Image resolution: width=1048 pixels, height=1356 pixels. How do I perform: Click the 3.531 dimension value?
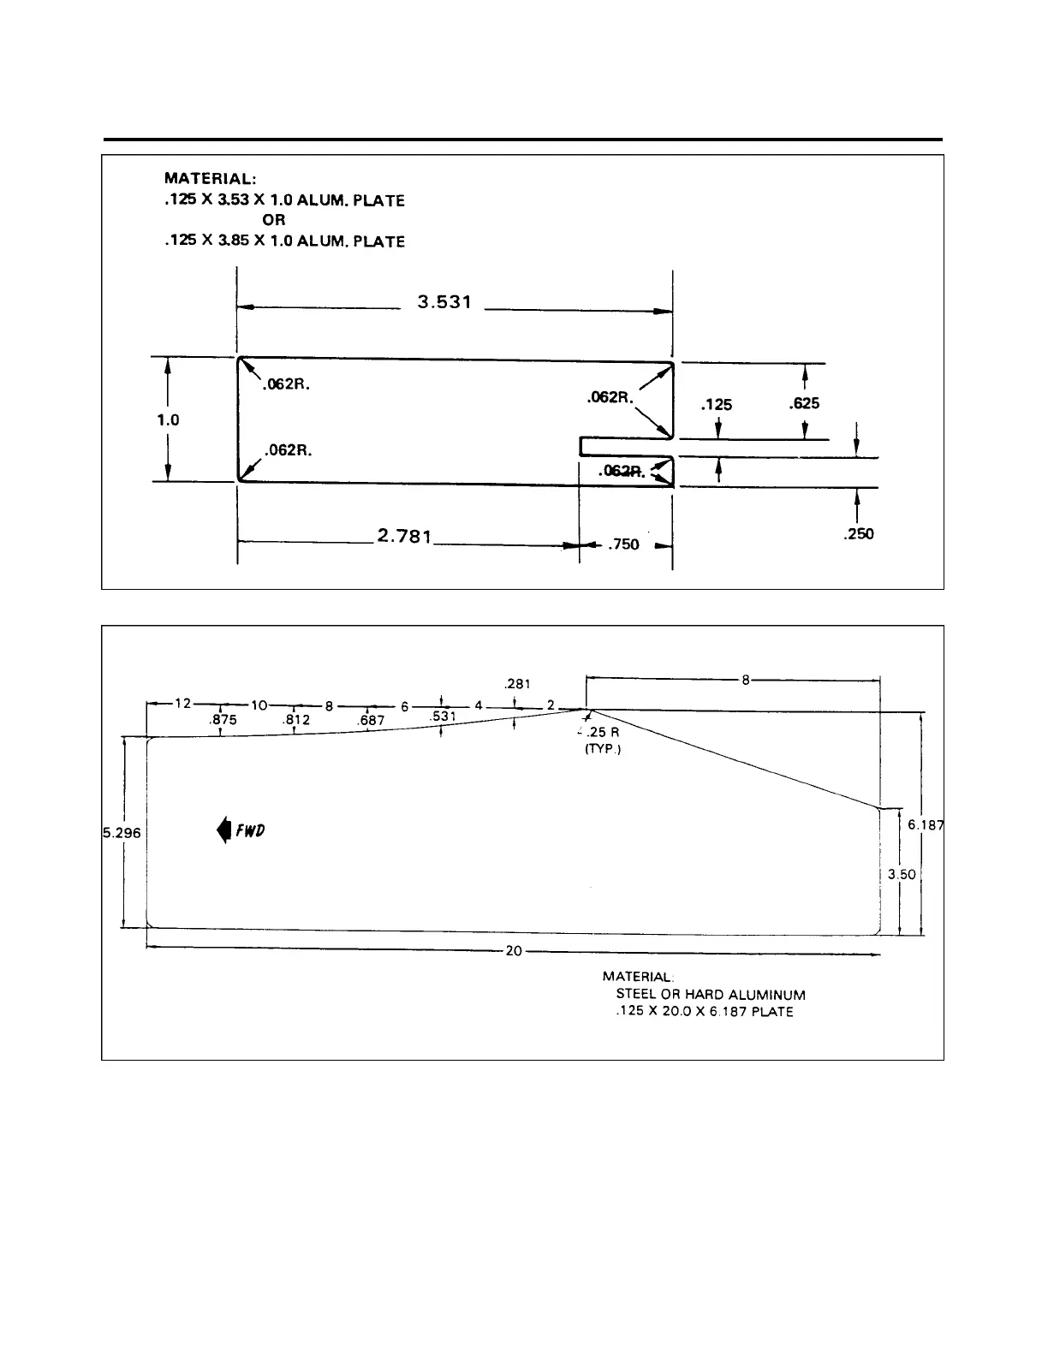tap(444, 302)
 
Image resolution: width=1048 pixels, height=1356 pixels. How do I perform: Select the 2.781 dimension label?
tap(404, 537)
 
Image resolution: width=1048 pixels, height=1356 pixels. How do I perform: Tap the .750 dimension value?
tap(622, 544)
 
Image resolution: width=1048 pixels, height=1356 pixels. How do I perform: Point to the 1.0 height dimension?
tap(168, 420)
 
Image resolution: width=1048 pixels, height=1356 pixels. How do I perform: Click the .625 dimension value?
tap(804, 402)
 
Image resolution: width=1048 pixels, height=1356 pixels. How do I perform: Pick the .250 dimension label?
tap(857, 534)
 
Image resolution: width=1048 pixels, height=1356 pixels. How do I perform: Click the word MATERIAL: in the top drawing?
tap(210, 179)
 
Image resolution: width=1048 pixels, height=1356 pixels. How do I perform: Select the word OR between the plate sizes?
tap(274, 220)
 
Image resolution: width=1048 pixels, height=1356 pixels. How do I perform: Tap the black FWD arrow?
tap(223, 830)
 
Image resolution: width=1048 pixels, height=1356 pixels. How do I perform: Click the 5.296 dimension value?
tap(122, 832)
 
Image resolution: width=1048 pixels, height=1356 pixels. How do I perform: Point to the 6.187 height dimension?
tap(926, 824)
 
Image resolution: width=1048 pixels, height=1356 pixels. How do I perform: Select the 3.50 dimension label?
tap(902, 875)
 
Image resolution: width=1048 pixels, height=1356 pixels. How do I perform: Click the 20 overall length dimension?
tap(514, 950)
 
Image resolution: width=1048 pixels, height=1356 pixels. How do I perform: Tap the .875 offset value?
tap(223, 721)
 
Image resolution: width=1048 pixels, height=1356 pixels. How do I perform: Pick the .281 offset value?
tap(518, 684)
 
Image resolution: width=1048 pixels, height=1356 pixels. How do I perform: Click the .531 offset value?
tap(442, 716)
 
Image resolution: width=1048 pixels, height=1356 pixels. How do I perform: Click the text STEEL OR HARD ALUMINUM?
tap(711, 995)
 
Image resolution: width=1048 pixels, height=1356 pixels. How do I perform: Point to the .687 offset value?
tap(371, 721)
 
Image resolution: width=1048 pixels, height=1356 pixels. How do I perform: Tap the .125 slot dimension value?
tap(716, 405)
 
